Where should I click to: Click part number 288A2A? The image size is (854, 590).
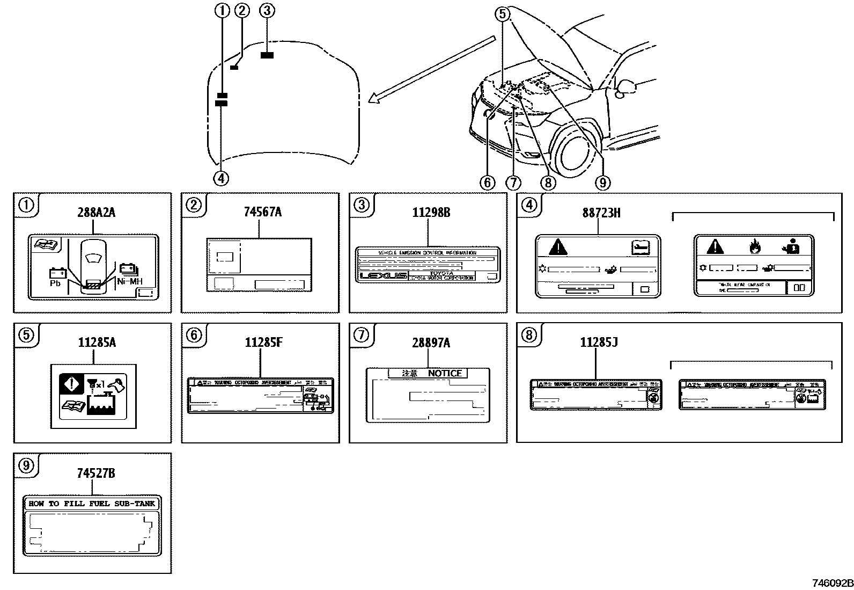[x=96, y=213]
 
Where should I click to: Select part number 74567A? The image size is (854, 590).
[x=262, y=212]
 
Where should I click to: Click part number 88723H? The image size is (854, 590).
[x=601, y=213]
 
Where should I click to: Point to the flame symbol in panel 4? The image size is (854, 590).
[x=754, y=247]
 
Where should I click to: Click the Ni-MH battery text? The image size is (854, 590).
[x=128, y=281]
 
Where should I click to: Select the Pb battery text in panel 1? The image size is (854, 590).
[x=55, y=283]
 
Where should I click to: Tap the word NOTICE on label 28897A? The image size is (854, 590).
[x=445, y=373]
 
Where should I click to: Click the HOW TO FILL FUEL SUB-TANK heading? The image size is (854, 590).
[x=92, y=504]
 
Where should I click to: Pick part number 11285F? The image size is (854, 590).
[x=263, y=343]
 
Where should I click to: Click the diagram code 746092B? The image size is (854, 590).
[x=831, y=583]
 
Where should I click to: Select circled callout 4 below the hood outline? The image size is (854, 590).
[x=221, y=178]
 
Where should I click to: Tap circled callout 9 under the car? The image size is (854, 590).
[x=602, y=183]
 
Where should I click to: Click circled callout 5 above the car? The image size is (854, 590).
[x=502, y=14]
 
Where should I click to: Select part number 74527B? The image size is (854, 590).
[x=96, y=473]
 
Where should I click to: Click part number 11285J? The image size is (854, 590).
[x=599, y=342]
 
